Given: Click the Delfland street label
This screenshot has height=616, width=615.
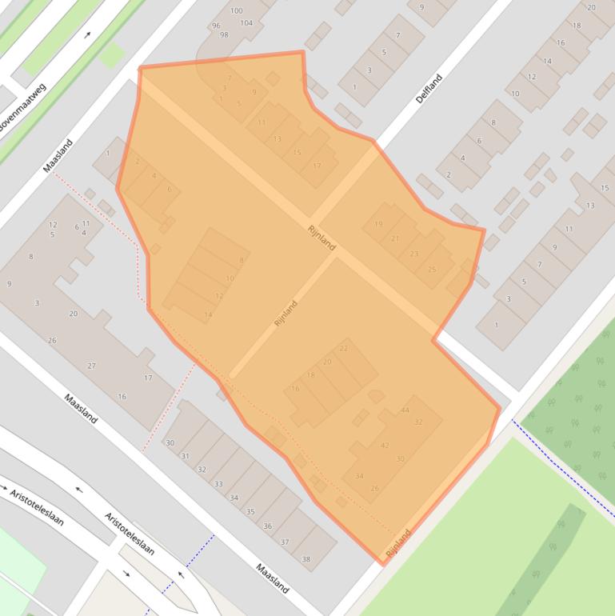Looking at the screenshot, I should (x=429, y=88).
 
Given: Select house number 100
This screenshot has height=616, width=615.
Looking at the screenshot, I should (x=236, y=10).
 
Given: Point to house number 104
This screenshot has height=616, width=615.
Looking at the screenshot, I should (x=246, y=23).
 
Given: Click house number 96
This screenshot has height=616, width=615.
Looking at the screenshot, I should (x=215, y=26).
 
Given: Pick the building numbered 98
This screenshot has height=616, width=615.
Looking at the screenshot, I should (x=224, y=35).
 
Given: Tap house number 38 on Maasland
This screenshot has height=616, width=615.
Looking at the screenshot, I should (x=306, y=559).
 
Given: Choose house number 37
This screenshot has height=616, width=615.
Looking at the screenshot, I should (x=285, y=542).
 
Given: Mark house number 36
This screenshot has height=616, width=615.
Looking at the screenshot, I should (x=268, y=526).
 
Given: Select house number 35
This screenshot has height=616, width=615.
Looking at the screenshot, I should (x=250, y=511).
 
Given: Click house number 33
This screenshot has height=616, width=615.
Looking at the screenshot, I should (x=218, y=483).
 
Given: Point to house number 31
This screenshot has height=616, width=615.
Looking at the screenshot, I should (x=185, y=456).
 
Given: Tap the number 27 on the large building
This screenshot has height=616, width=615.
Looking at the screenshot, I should (x=92, y=366).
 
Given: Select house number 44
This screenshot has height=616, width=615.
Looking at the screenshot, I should (x=405, y=410).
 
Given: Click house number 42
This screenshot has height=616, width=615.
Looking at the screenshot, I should (x=385, y=446).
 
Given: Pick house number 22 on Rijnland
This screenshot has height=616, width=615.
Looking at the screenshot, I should (x=344, y=348).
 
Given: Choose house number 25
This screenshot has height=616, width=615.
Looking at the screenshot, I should (x=432, y=269).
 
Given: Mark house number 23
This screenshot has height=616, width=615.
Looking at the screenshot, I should (x=413, y=254).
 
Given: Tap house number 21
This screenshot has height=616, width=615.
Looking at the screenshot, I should (x=395, y=238).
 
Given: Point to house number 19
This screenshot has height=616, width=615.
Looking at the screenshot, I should (x=378, y=224).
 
